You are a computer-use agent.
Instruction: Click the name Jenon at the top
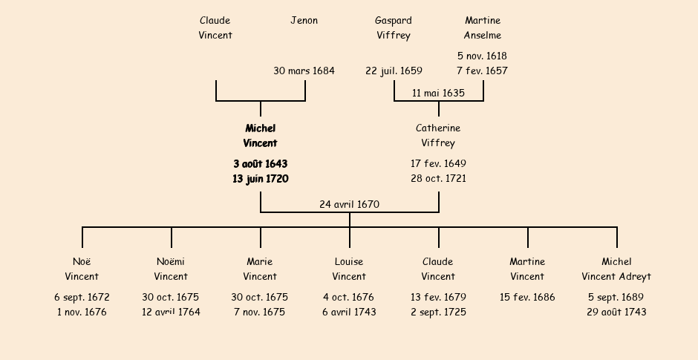click(x=304, y=21)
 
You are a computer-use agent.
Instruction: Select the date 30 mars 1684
click(x=304, y=71)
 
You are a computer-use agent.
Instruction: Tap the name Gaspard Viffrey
click(x=393, y=28)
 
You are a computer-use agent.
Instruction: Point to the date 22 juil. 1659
click(x=394, y=71)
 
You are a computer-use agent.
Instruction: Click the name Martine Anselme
click(x=483, y=28)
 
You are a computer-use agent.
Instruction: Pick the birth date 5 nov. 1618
click(x=482, y=56)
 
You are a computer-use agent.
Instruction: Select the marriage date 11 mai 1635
click(x=438, y=94)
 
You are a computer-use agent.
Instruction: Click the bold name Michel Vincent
click(x=260, y=136)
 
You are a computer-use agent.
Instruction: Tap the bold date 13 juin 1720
click(x=260, y=179)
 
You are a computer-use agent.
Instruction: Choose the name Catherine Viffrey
click(x=438, y=136)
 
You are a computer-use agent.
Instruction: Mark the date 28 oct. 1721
click(x=438, y=179)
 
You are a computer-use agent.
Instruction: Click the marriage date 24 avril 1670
click(x=349, y=204)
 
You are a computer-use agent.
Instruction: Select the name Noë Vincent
click(x=82, y=269)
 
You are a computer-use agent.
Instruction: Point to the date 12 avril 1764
click(x=171, y=312)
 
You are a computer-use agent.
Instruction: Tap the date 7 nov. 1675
click(x=260, y=312)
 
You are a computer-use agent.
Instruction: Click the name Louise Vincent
click(x=349, y=269)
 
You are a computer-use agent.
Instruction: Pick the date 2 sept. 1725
click(x=438, y=312)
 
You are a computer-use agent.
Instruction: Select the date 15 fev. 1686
click(x=527, y=298)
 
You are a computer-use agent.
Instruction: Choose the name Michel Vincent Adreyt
click(x=616, y=269)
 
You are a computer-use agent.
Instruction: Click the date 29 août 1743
click(x=616, y=312)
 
